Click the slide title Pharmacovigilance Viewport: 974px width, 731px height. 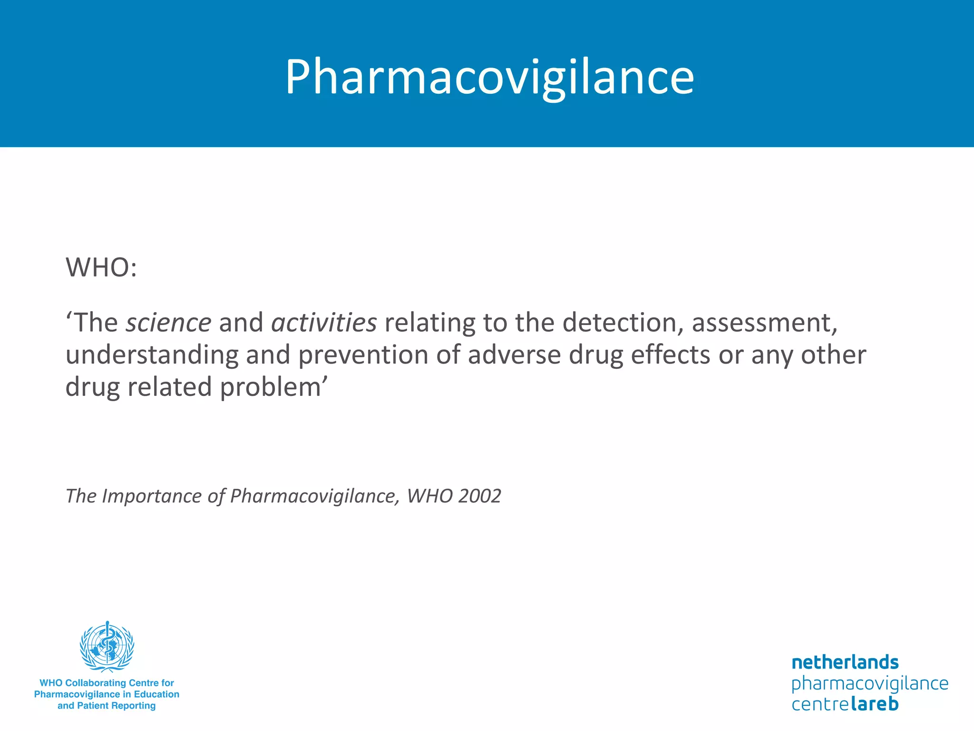(489, 77)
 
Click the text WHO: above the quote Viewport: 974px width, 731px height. (101, 267)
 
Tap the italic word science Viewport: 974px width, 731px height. (168, 323)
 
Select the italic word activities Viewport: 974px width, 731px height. (324, 323)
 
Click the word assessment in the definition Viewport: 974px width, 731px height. (764, 323)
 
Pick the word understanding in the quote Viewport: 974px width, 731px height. (152, 355)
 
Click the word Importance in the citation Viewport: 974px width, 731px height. (152, 496)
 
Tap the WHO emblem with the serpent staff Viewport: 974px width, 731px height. (107, 646)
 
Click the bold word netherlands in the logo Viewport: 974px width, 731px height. (845, 662)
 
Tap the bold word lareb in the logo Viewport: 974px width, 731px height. (875, 703)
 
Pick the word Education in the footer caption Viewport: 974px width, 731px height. (156, 694)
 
